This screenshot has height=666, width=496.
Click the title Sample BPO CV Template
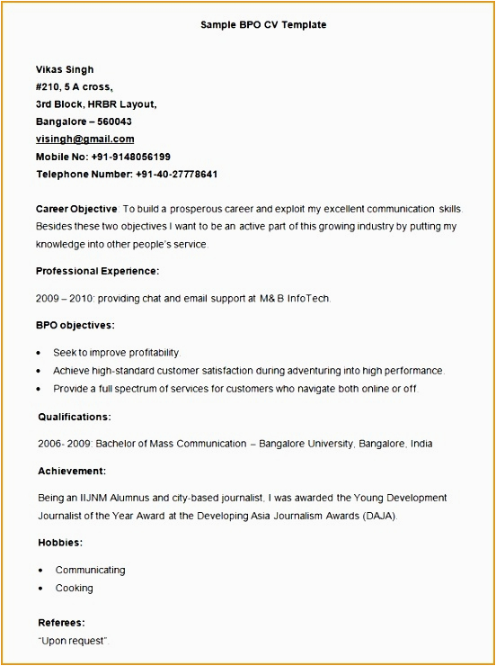coord(263,25)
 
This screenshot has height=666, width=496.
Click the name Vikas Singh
coord(65,69)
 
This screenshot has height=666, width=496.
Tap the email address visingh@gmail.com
coord(84,139)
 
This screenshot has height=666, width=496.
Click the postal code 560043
coord(114,121)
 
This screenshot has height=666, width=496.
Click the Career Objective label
coord(76,208)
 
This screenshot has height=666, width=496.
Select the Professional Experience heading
coord(97,270)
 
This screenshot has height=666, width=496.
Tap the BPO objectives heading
coord(75,325)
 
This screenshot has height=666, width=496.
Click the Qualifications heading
coord(75,417)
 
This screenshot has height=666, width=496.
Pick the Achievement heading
coord(72,471)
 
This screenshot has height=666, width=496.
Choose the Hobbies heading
coord(60,543)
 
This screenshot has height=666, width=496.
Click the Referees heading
coord(61,622)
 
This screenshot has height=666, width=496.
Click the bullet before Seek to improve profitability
coord(40,353)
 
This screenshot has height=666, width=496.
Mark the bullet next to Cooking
coord(42,589)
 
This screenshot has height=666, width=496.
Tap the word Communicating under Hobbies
coord(90,570)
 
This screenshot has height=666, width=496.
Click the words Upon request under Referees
coord(73,640)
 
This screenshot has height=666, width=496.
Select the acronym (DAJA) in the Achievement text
coord(378,516)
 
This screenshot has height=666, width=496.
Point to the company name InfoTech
coord(308,298)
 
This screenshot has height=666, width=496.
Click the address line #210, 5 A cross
coord(74,86)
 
